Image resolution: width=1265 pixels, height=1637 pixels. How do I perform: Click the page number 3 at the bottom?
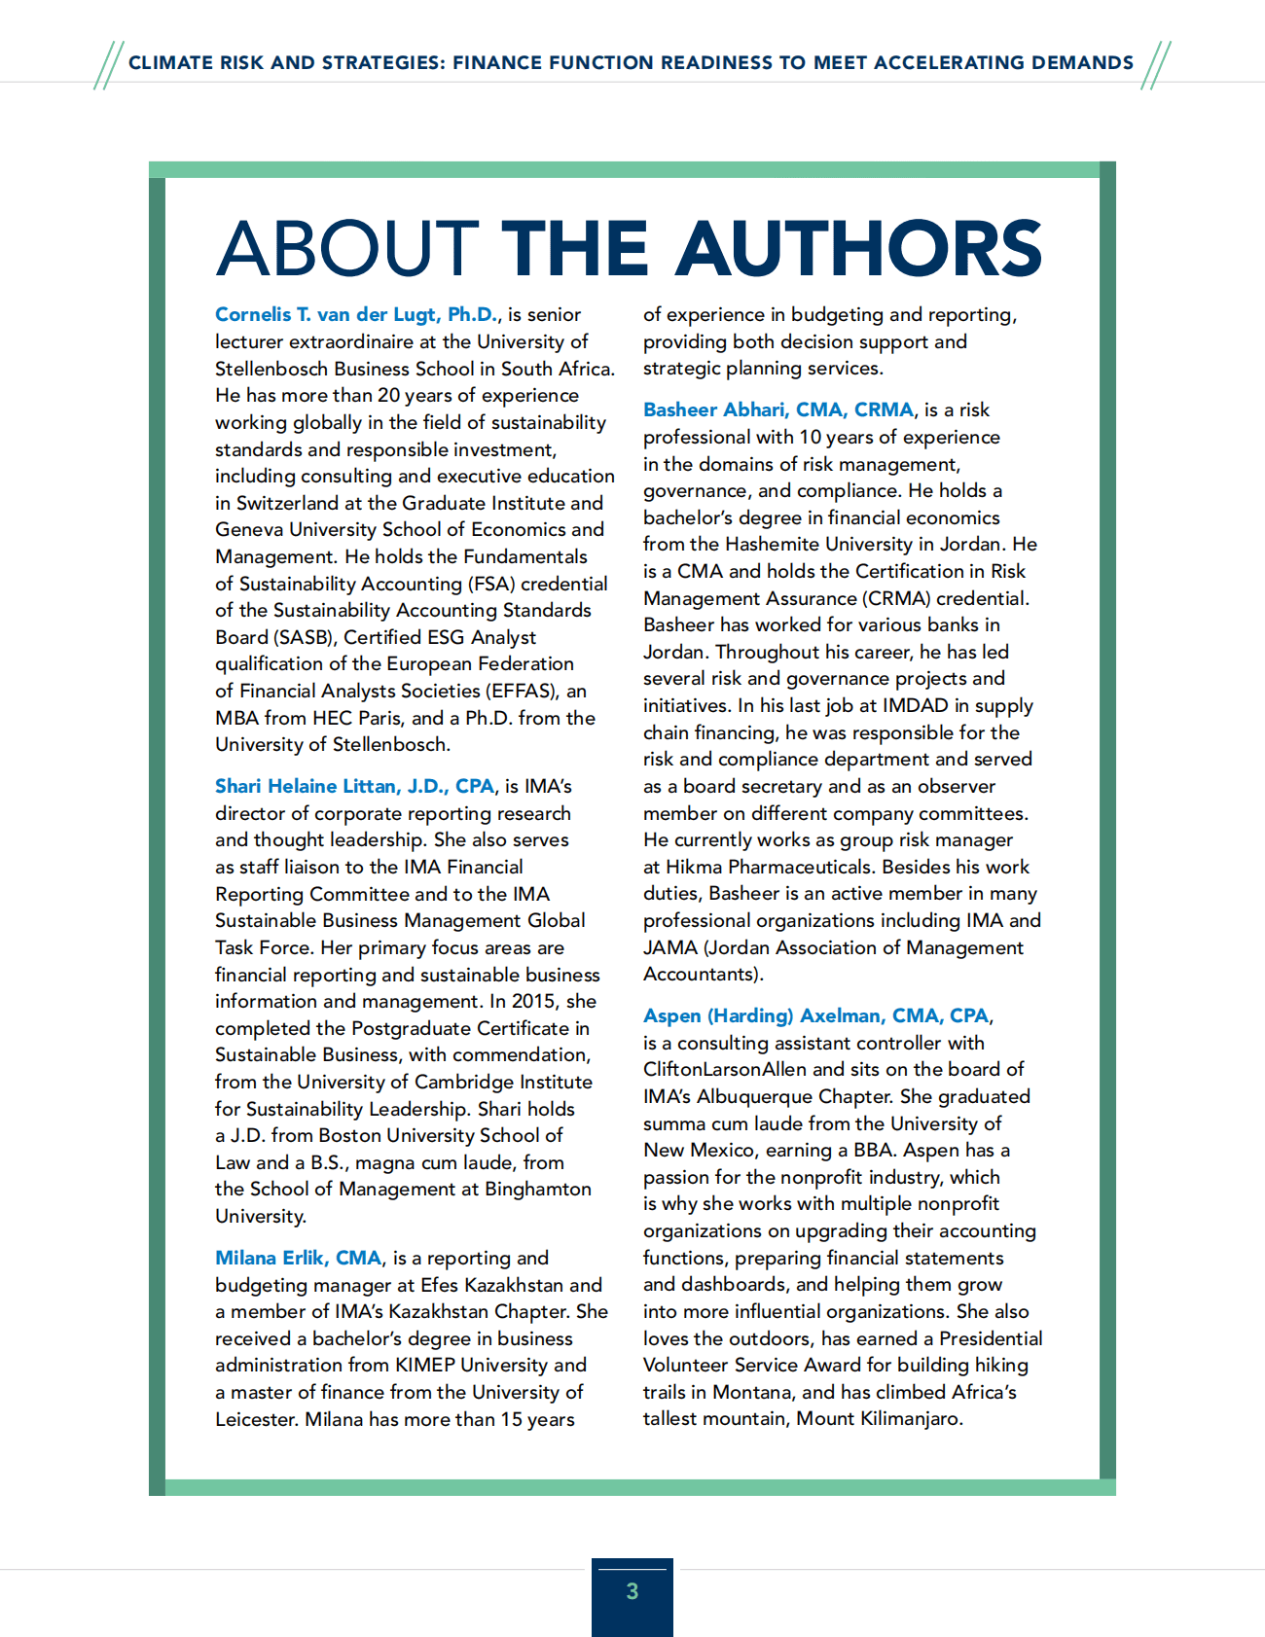632,1591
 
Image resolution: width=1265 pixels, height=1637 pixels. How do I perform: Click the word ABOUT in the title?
346,249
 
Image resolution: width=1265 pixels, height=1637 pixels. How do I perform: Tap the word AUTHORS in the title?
859,249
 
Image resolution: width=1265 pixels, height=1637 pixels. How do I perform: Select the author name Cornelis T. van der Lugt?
355,314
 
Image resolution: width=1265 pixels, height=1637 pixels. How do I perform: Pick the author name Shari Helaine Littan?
354,786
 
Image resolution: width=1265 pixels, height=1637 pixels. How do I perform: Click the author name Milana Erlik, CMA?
299,1258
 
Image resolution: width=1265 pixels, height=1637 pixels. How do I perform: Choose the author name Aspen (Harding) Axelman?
816,1015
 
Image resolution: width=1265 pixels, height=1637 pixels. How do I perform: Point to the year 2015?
534,1001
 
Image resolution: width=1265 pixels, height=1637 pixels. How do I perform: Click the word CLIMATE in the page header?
171,63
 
